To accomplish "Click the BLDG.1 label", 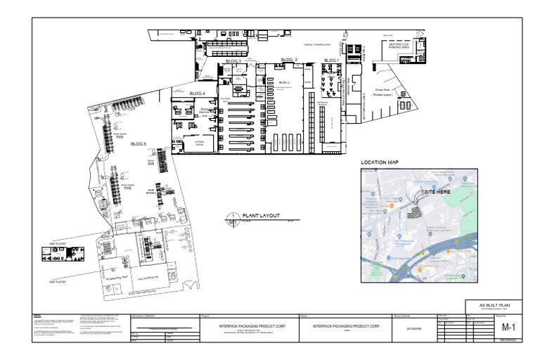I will click(x=331, y=60).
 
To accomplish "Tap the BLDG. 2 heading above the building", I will click(x=289, y=59).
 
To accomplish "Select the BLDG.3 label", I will click(x=233, y=62).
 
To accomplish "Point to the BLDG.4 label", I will click(x=197, y=94).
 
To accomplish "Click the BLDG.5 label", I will click(x=138, y=143).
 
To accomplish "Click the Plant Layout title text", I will click(x=261, y=215).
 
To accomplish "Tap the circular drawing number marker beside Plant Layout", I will click(x=231, y=218).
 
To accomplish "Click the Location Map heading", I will click(x=380, y=162).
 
